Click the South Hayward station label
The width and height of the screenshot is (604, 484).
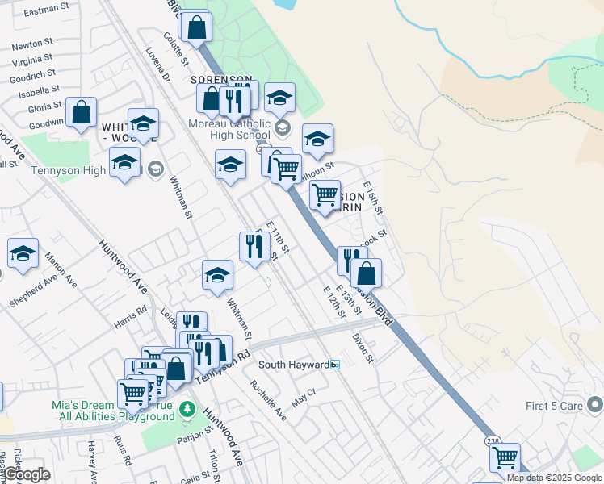pos(293,365)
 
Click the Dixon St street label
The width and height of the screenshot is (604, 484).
pos(363,348)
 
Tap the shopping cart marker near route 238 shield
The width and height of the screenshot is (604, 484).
pos(505,457)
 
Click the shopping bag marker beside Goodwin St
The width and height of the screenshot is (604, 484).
pos(81,112)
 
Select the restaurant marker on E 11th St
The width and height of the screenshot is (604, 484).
pos(254,246)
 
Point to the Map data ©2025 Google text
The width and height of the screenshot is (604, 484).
pos(553,478)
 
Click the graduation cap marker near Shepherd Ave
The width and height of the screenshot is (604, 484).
pos(23,252)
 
